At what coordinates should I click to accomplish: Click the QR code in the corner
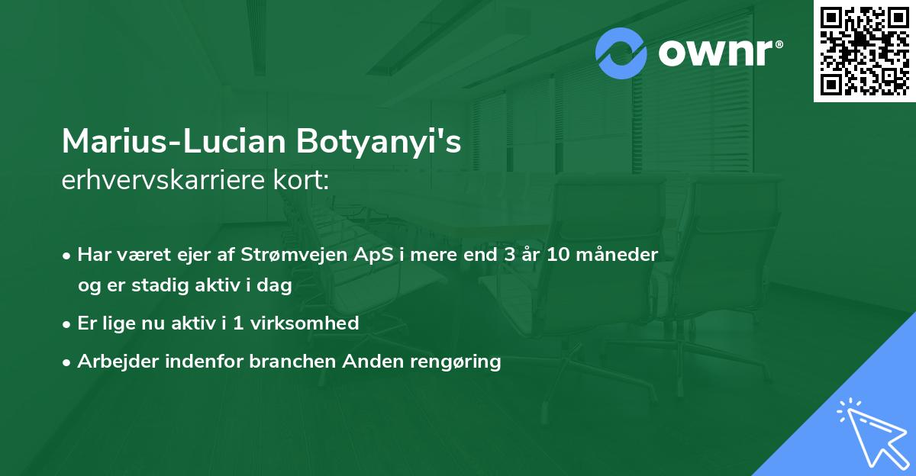point(865,51)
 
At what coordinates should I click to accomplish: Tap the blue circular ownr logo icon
point(621,53)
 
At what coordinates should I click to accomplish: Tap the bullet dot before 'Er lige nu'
point(68,323)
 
